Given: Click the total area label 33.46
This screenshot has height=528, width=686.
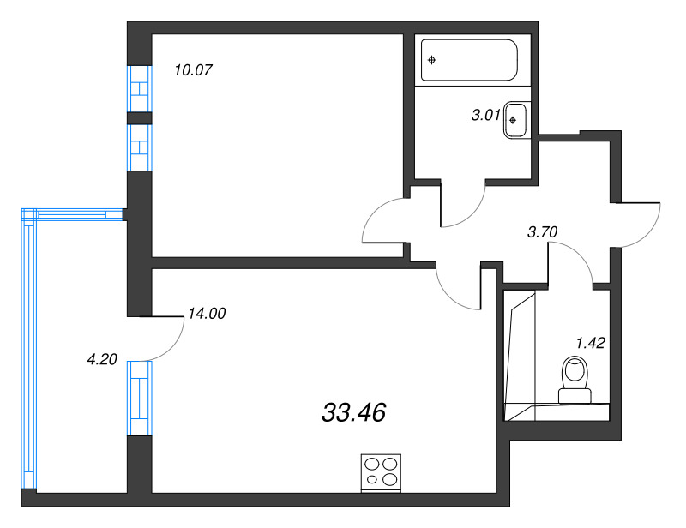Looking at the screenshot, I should click(353, 413).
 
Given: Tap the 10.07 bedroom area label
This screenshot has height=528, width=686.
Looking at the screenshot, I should click(193, 69).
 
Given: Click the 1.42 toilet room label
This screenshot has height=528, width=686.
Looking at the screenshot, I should click(591, 343).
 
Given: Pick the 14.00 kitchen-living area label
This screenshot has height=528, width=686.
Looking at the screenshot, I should click(206, 314).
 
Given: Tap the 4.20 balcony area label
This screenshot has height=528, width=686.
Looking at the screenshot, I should click(102, 360).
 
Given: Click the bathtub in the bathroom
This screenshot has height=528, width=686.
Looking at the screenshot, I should click(469, 60).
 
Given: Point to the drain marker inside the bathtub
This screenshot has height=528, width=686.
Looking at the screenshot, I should click(432, 60).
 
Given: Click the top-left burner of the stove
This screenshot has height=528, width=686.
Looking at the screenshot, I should click(373, 464).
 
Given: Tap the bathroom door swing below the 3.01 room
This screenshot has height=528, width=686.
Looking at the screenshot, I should click(463, 206).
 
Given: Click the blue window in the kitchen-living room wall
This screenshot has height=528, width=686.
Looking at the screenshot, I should click(140, 398).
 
